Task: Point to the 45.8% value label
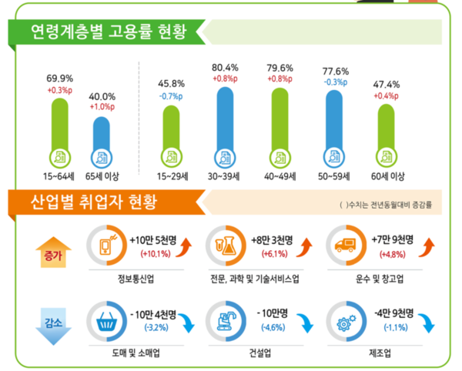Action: [x=170, y=83]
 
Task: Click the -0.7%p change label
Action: [x=170, y=96]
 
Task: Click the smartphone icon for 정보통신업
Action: [x=106, y=246]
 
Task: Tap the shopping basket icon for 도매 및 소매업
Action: [x=106, y=318]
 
